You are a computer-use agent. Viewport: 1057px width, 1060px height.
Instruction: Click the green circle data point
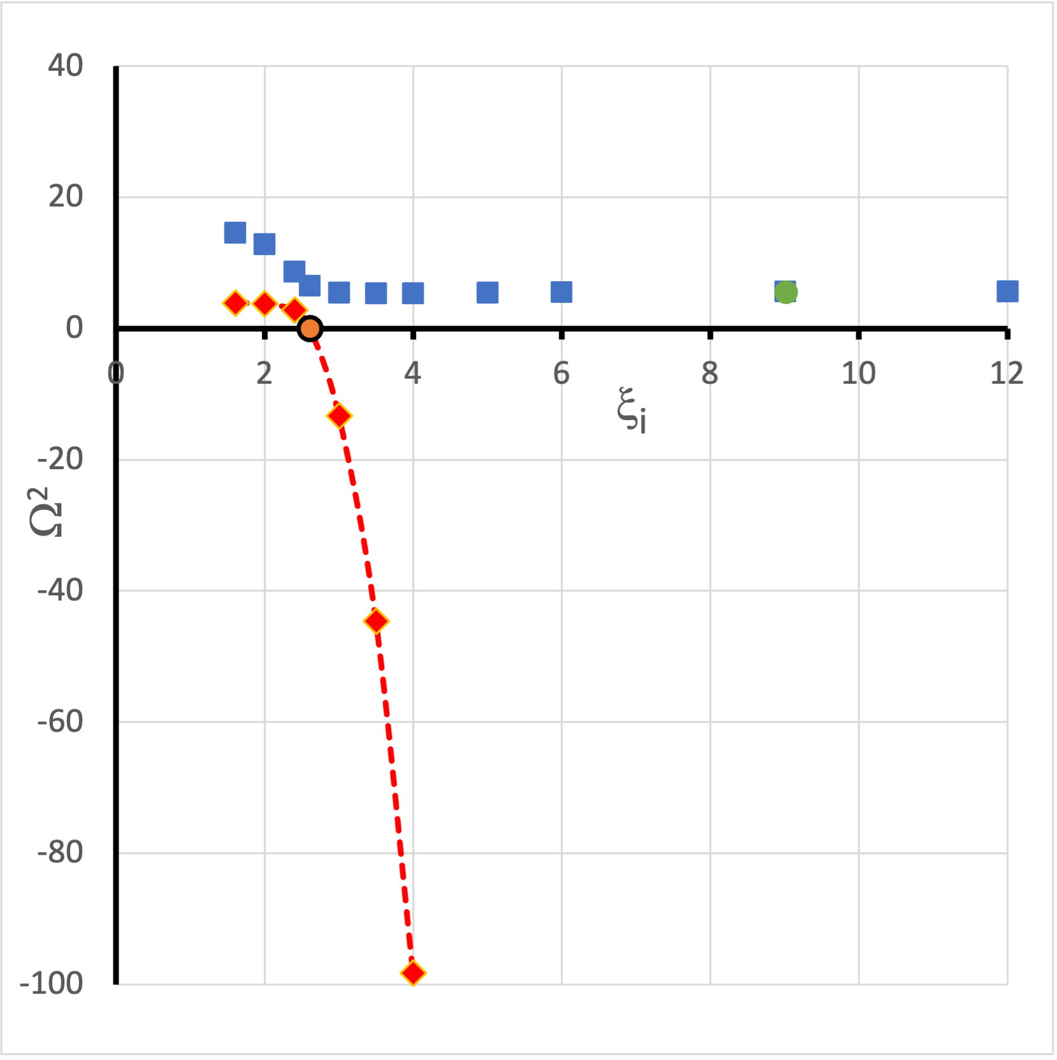pyautogui.click(x=786, y=292)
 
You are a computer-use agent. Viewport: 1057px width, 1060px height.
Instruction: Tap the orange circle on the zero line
pyautogui.click(x=310, y=328)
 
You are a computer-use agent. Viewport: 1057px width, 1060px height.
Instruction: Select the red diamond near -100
pyautogui.click(x=413, y=973)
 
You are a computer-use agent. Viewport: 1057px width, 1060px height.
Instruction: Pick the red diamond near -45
pyautogui.click(x=377, y=621)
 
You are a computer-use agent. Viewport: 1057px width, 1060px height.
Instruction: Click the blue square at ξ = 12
pyautogui.click(x=1007, y=291)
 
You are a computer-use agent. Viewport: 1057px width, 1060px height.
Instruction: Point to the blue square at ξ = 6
pyautogui.click(x=561, y=292)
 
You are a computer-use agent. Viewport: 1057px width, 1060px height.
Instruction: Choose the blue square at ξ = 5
pyautogui.click(x=487, y=293)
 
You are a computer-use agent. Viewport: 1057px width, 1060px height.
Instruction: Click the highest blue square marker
pyautogui.click(x=235, y=233)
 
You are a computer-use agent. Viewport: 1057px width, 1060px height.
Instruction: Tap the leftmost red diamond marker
pyautogui.click(x=235, y=303)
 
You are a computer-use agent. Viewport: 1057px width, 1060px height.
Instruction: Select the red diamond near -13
pyautogui.click(x=339, y=416)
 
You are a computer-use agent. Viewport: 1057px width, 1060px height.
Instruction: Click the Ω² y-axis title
pyautogui.click(x=46, y=512)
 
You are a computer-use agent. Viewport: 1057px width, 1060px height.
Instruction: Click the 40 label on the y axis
pyautogui.click(x=65, y=66)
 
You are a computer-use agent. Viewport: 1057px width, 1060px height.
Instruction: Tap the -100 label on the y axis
pyautogui.click(x=52, y=984)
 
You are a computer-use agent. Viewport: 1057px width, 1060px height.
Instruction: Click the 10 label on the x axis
pyautogui.click(x=858, y=374)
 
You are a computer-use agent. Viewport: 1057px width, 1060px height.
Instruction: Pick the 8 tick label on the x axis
pyautogui.click(x=710, y=374)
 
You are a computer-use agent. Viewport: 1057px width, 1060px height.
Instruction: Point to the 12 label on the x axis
pyautogui.click(x=1007, y=374)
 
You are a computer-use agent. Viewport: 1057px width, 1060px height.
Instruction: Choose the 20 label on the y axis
pyautogui.click(x=65, y=197)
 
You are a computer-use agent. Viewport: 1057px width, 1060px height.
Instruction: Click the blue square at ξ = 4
pyautogui.click(x=413, y=293)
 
